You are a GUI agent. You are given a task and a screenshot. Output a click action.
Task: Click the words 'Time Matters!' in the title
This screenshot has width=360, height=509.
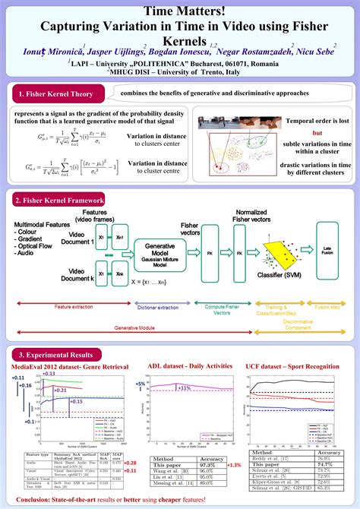(x=180, y=11)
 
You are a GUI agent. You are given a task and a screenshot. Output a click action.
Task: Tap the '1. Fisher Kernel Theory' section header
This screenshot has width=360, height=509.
(x=55, y=94)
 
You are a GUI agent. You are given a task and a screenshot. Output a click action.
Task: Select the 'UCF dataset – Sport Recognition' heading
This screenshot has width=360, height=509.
(x=292, y=367)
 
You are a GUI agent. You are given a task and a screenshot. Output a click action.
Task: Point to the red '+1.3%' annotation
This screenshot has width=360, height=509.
(x=234, y=465)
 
